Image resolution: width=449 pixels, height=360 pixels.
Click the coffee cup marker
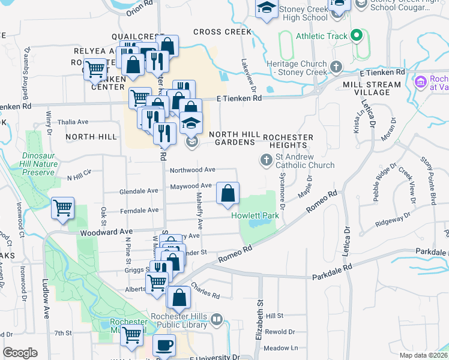pos(164,346)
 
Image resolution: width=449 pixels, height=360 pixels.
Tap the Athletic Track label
pos(321,36)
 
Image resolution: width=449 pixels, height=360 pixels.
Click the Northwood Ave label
pos(193,170)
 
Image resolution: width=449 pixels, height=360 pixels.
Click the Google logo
pos(20,353)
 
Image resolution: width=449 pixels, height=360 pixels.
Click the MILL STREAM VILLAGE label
pos(372,89)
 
